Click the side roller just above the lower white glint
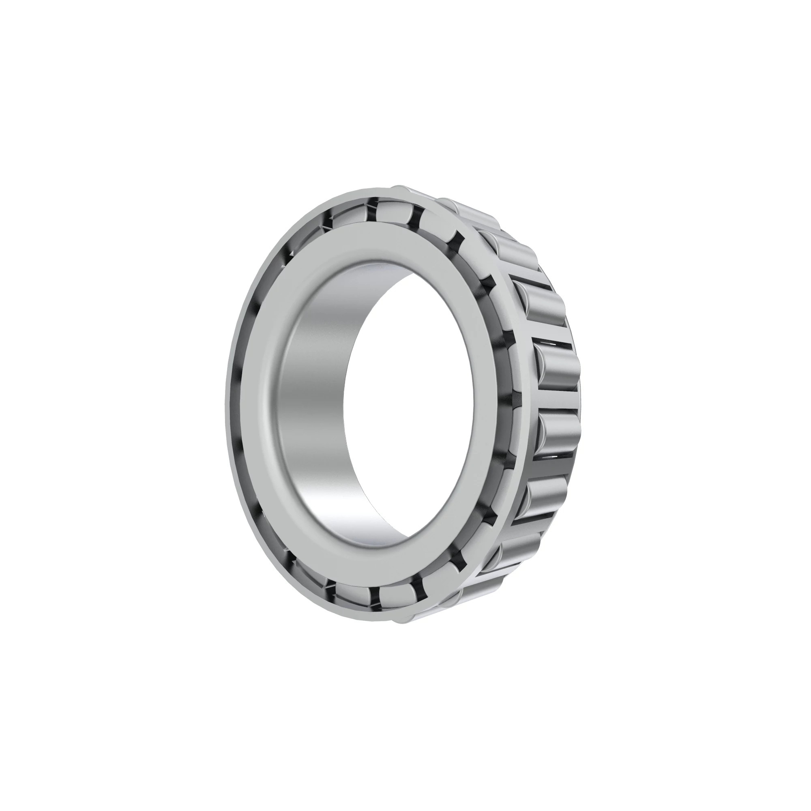(556, 432)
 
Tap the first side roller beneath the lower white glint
(546, 491)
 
